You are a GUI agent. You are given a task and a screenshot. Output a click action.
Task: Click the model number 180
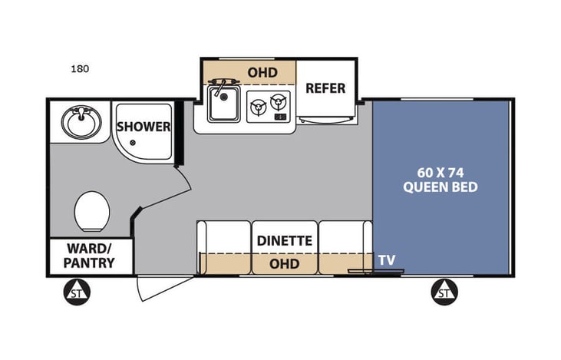tap(80, 68)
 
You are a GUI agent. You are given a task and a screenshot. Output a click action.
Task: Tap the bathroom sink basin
tap(81, 121)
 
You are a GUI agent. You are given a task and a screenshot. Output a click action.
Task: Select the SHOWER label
tap(144, 127)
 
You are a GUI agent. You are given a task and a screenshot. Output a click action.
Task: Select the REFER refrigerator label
tap(325, 88)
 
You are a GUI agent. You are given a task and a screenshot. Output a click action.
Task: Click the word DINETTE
tap(285, 240)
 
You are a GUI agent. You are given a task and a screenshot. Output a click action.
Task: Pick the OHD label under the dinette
tap(285, 264)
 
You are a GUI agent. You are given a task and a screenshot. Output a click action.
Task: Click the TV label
tap(387, 261)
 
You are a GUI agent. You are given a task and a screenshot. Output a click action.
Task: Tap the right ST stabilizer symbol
tap(444, 292)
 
